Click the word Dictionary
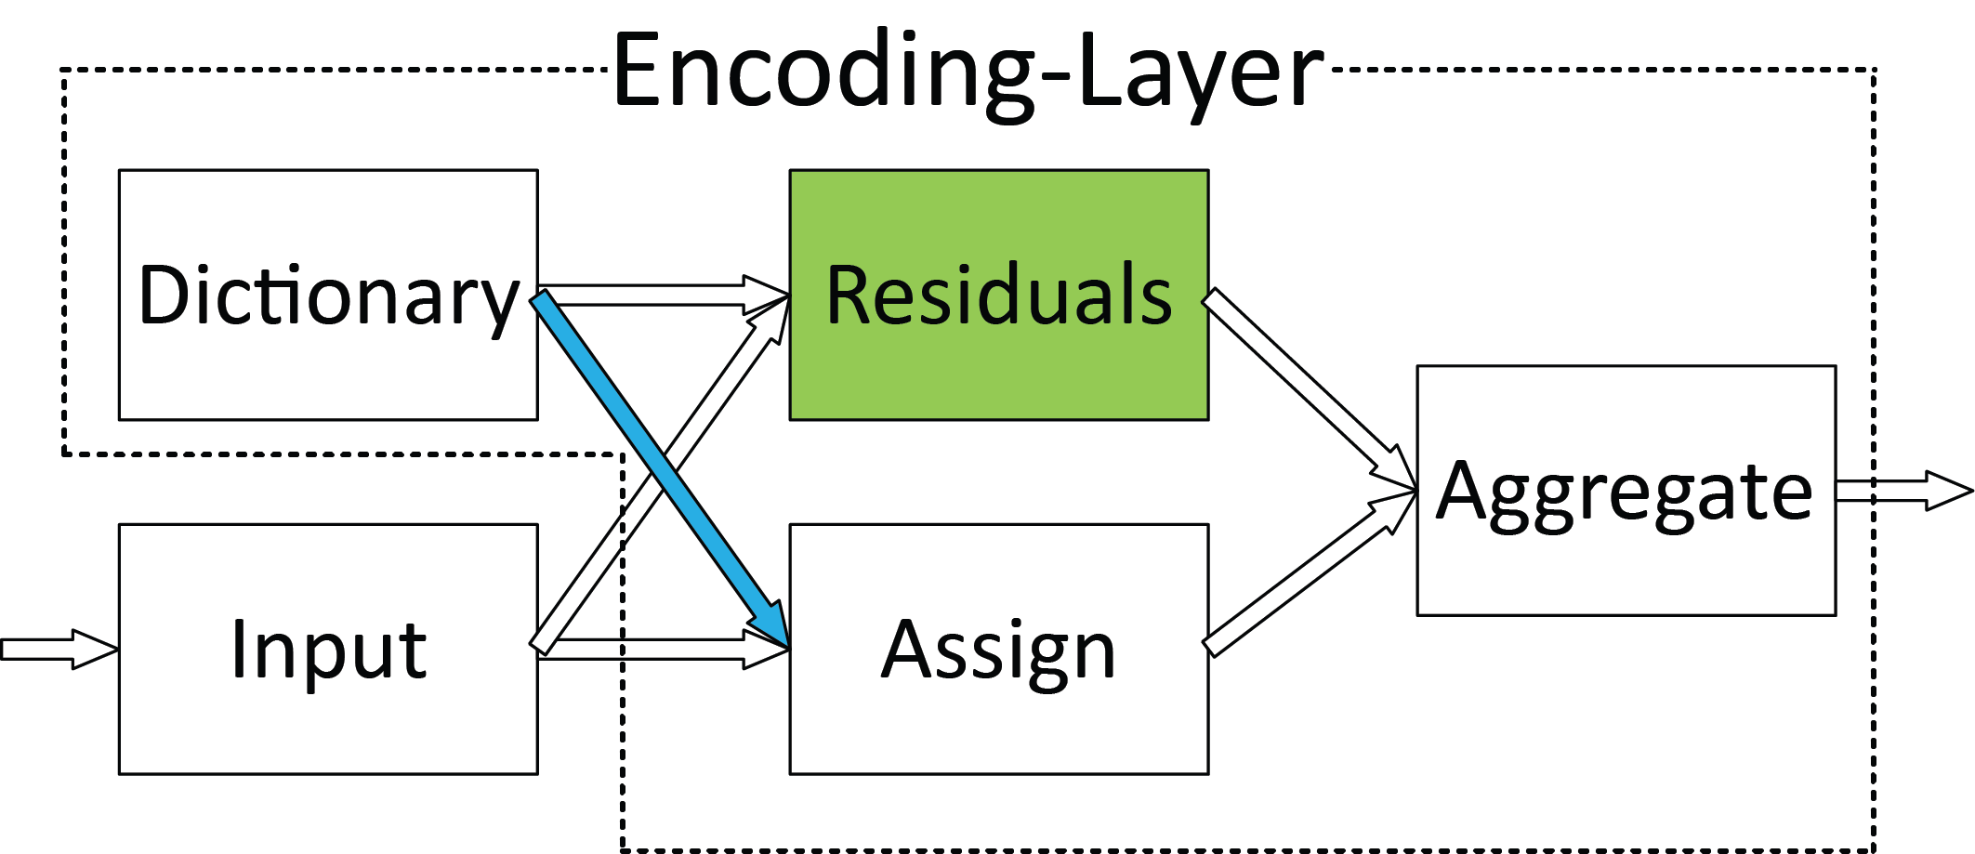coord(327,296)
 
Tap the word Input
coord(327,650)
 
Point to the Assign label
coord(998,650)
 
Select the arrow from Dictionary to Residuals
coord(651,295)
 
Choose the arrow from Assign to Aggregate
coord(1301,580)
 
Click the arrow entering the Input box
coord(56,649)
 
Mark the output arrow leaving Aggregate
coord(1905,491)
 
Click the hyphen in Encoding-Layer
coord(1057,78)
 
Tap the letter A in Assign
coord(906,650)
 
